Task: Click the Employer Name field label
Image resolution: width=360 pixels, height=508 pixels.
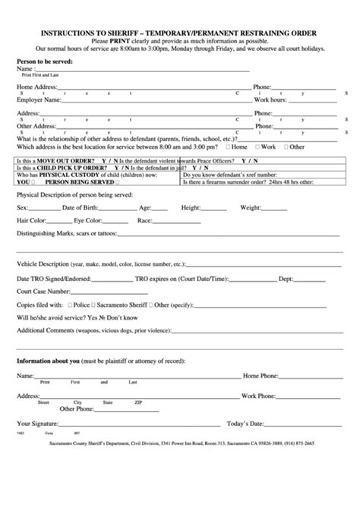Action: click(x=39, y=99)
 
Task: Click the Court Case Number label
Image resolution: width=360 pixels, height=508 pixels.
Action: click(x=45, y=290)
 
